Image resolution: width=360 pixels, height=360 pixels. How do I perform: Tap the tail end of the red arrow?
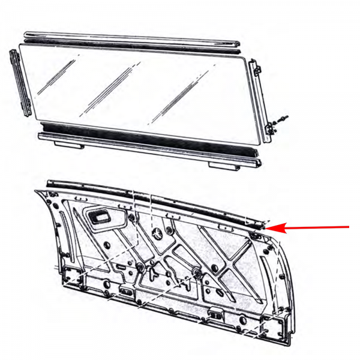click(x=349, y=227)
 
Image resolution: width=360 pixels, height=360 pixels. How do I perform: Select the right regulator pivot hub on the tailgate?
click(x=196, y=274)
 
